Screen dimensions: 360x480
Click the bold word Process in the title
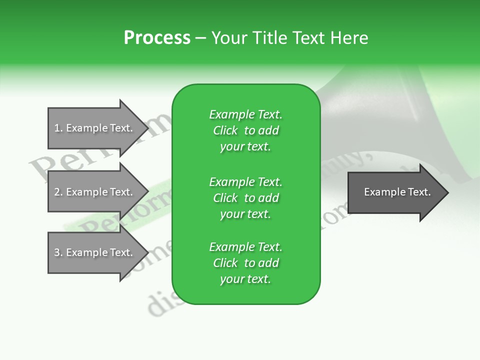coord(157,38)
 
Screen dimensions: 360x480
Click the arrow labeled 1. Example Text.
coord(95,128)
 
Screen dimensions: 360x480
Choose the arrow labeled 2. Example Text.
coord(95,192)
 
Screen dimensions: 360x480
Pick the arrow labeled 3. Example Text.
coord(95,252)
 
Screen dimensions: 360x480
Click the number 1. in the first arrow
coord(58,128)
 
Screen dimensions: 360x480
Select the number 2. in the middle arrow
coord(58,192)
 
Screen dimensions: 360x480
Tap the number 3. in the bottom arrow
coord(58,252)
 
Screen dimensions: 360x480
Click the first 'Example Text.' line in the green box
coord(245,114)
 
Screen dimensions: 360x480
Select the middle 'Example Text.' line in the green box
coord(245,182)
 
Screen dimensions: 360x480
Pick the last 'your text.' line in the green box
coord(245,279)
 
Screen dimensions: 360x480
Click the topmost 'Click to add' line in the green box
coord(245,130)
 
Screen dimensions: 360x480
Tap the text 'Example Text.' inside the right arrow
coord(397,192)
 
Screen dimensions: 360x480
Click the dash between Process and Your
coord(201,38)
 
